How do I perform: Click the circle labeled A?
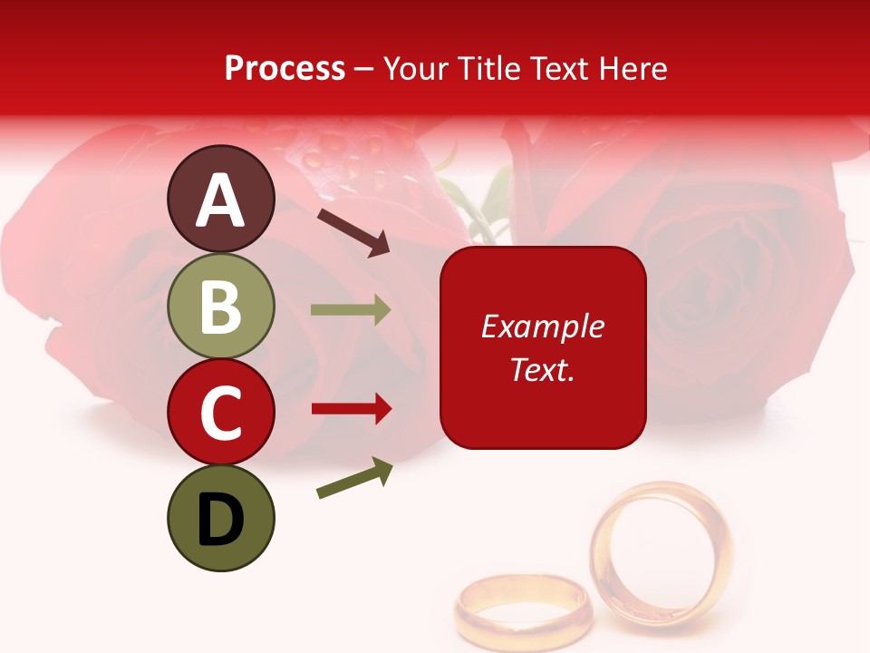(221, 199)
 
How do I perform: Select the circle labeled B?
(221, 306)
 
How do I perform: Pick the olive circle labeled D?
(221, 518)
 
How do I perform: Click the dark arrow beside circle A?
(353, 231)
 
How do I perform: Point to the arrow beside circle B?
(351, 310)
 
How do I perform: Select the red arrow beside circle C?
(351, 409)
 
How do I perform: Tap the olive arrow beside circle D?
(354, 478)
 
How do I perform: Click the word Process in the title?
(285, 68)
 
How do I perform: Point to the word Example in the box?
(542, 326)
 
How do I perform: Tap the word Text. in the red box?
(542, 370)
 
